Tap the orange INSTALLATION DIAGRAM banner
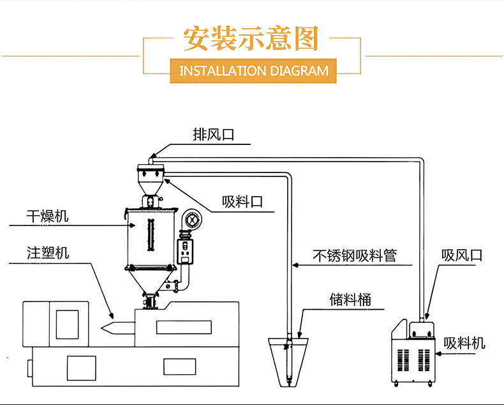pyautogui.click(x=253, y=70)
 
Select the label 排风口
pyautogui.click(x=214, y=135)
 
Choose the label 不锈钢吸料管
pyautogui.click(x=355, y=256)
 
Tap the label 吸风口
pyautogui.click(x=462, y=256)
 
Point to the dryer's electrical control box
pyautogui.click(x=185, y=252)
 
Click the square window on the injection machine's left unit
pyautogui.click(x=66, y=324)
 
